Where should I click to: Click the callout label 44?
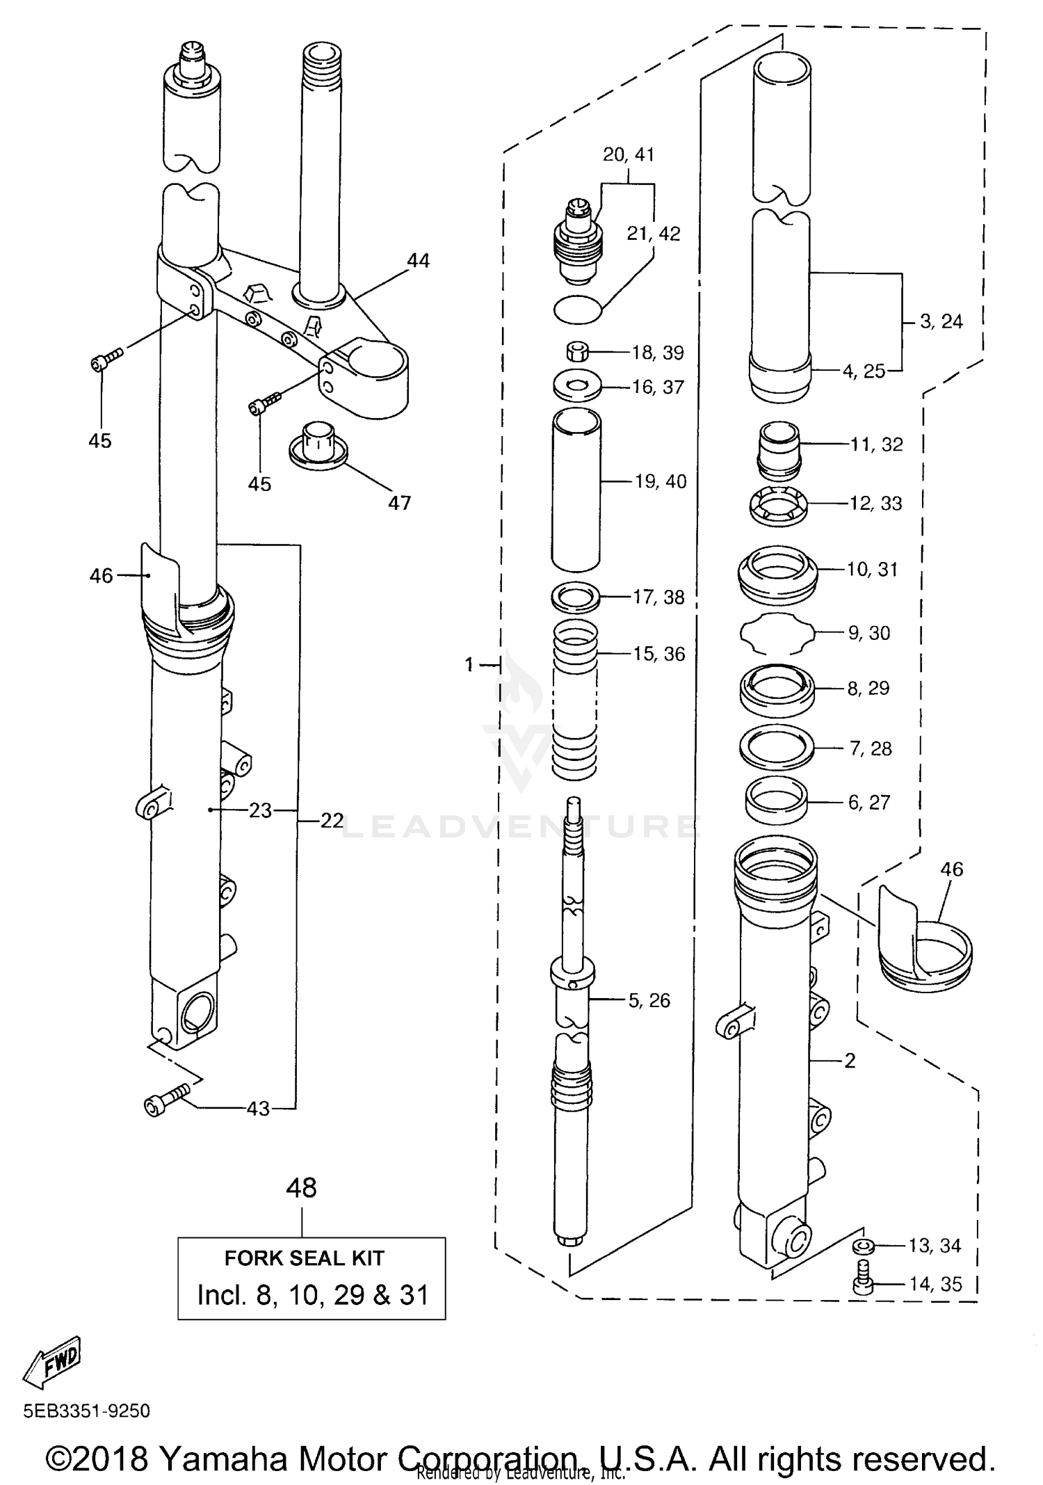[x=419, y=261]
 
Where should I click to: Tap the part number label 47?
[x=399, y=502]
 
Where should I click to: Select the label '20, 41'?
[x=629, y=154]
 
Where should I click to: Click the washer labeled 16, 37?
[x=577, y=386]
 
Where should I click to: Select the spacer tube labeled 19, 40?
[x=576, y=490]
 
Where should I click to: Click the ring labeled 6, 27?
[x=776, y=801]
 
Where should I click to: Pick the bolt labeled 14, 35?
[x=863, y=1283]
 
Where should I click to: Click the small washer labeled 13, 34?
[x=863, y=1245]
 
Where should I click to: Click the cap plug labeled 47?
[x=318, y=444]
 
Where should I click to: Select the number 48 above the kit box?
[x=302, y=1187]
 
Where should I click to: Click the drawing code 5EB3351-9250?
[x=87, y=1411]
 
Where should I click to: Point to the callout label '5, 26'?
[x=649, y=1000]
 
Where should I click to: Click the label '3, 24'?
[x=941, y=321]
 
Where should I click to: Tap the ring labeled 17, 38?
[x=576, y=597]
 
